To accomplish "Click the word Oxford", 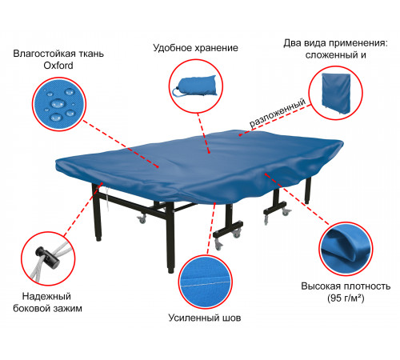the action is (x=58, y=66).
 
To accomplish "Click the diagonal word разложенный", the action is (x=278, y=113).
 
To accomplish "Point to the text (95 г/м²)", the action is (x=346, y=298).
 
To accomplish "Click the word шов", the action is (x=231, y=318).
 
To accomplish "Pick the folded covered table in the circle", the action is (x=336, y=94).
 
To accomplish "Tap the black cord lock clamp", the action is (x=48, y=257).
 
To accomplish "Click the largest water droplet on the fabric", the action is (x=58, y=103).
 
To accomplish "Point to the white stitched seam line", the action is (x=206, y=284).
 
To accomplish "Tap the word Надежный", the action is (x=46, y=296).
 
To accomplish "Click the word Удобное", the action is (x=173, y=48).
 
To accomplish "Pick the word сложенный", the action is (x=332, y=55).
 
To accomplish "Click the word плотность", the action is (x=367, y=286).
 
